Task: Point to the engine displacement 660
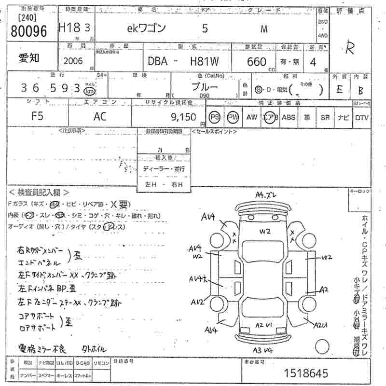click(257, 62)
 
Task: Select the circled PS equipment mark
click(215, 117)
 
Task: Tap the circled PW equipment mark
click(233, 117)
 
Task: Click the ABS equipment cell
click(289, 117)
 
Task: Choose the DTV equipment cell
click(361, 117)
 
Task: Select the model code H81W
click(204, 62)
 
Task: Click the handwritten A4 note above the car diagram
click(266, 195)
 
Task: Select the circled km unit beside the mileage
click(89, 91)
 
